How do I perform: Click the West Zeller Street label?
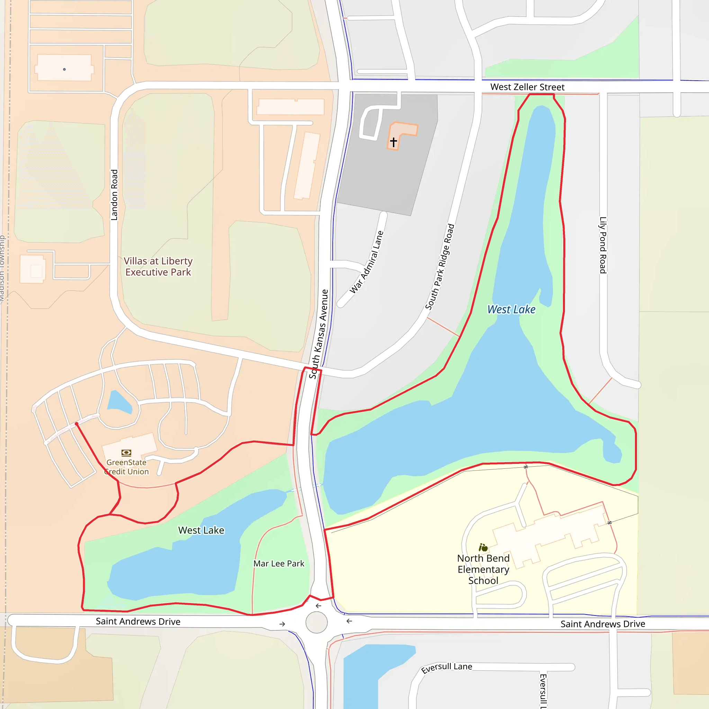tap(527, 87)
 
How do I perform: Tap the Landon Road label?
tap(114, 195)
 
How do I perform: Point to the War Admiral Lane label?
tap(367, 262)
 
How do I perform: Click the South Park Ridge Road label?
tap(440, 267)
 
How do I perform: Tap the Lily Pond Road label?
tap(603, 245)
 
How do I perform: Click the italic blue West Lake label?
tap(511, 309)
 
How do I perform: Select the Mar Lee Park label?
tap(279, 563)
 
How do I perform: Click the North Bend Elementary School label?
tap(483, 569)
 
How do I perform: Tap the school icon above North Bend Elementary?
tap(483, 548)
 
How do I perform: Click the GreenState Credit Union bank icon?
tap(126, 453)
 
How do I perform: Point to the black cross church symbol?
tap(393, 142)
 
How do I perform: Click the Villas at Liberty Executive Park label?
tap(158, 267)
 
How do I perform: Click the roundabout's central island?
tap(316, 622)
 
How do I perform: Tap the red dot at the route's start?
tap(76, 424)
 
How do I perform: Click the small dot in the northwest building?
tap(64, 69)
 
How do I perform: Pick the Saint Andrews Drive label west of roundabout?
tap(138, 621)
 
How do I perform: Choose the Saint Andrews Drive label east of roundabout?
tap(603, 624)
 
